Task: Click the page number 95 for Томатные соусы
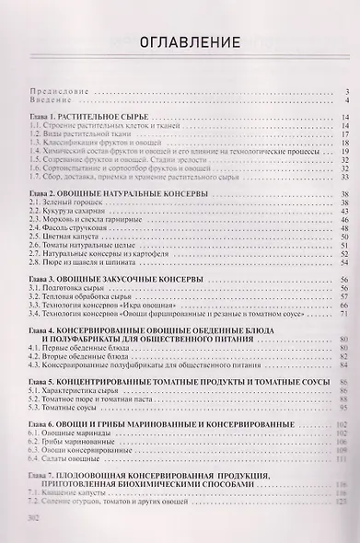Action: [x=341, y=408]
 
